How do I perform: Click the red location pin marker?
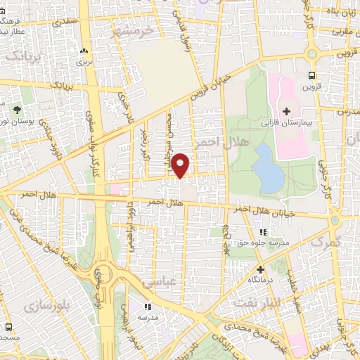click(x=181, y=165)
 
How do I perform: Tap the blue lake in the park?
click(x=269, y=169)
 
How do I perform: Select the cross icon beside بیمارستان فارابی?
click(x=286, y=111)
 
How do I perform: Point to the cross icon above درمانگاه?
click(x=260, y=269)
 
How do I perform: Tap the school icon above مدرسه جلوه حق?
click(x=263, y=231)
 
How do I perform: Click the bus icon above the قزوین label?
click(x=311, y=76)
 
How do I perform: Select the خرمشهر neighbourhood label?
click(x=136, y=32)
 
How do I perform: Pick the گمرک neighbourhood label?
click(x=324, y=240)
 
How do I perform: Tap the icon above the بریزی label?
click(x=84, y=51)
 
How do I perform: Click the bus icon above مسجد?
click(x=8, y=327)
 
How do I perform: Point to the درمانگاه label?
click(x=260, y=280)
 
